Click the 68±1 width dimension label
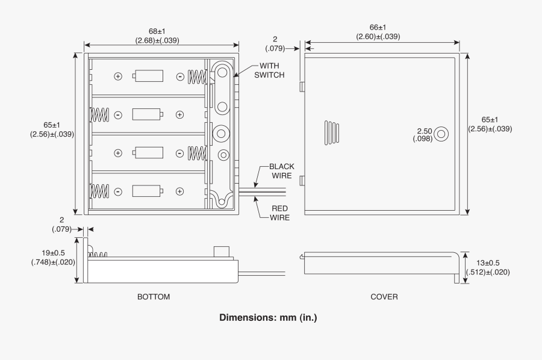pos(157,35)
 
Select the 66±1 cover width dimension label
pos(378,32)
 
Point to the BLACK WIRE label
pos(281,171)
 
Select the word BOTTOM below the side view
pos(154,297)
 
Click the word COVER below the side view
pos(384,297)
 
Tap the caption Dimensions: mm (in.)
pos(267,317)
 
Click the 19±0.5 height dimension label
pos(53,258)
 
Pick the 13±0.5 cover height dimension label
pos(487,267)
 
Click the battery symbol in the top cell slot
pos(149,76)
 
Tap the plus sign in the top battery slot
pos(118,76)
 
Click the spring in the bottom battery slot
pos(98,191)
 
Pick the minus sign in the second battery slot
pos(118,114)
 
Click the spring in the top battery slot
pos(198,76)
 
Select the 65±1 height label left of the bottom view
pos(52,129)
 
